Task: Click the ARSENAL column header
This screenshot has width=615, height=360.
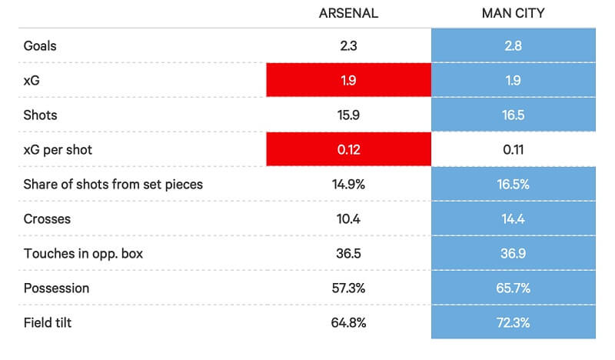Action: pyautogui.click(x=348, y=13)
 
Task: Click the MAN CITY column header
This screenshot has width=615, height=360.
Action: pyautogui.click(x=513, y=13)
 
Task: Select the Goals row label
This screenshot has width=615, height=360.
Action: pyautogui.click(x=40, y=46)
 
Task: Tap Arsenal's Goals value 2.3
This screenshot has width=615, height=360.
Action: pyautogui.click(x=348, y=46)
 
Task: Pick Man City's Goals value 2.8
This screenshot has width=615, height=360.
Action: pyautogui.click(x=513, y=46)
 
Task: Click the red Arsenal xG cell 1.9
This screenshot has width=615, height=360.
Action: pyautogui.click(x=348, y=81)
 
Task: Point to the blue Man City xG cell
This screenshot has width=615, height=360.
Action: pyautogui.click(x=513, y=81)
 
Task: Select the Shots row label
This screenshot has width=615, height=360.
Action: pyautogui.click(x=41, y=115)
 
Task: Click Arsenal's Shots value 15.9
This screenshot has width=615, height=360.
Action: pyautogui.click(x=348, y=115)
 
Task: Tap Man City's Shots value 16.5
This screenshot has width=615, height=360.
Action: pyautogui.click(x=513, y=115)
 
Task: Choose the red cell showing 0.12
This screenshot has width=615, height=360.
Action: pyautogui.click(x=348, y=149)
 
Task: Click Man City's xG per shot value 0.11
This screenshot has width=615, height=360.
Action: pyautogui.click(x=513, y=149)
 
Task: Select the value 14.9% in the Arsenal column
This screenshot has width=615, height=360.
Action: pyautogui.click(x=348, y=184)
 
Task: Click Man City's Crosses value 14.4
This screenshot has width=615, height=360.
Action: pyautogui.click(x=513, y=218)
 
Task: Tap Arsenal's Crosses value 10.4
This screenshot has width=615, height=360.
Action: pyautogui.click(x=348, y=218)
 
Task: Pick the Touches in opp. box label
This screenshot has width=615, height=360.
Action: pyautogui.click(x=84, y=253)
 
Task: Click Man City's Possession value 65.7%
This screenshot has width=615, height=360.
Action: pyautogui.click(x=513, y=288)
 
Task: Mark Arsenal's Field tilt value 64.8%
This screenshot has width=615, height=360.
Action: pyautogui.click(x=348, y=322)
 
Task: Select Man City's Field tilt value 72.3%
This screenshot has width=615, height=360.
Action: pyautogui.click(x=513, y=322)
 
